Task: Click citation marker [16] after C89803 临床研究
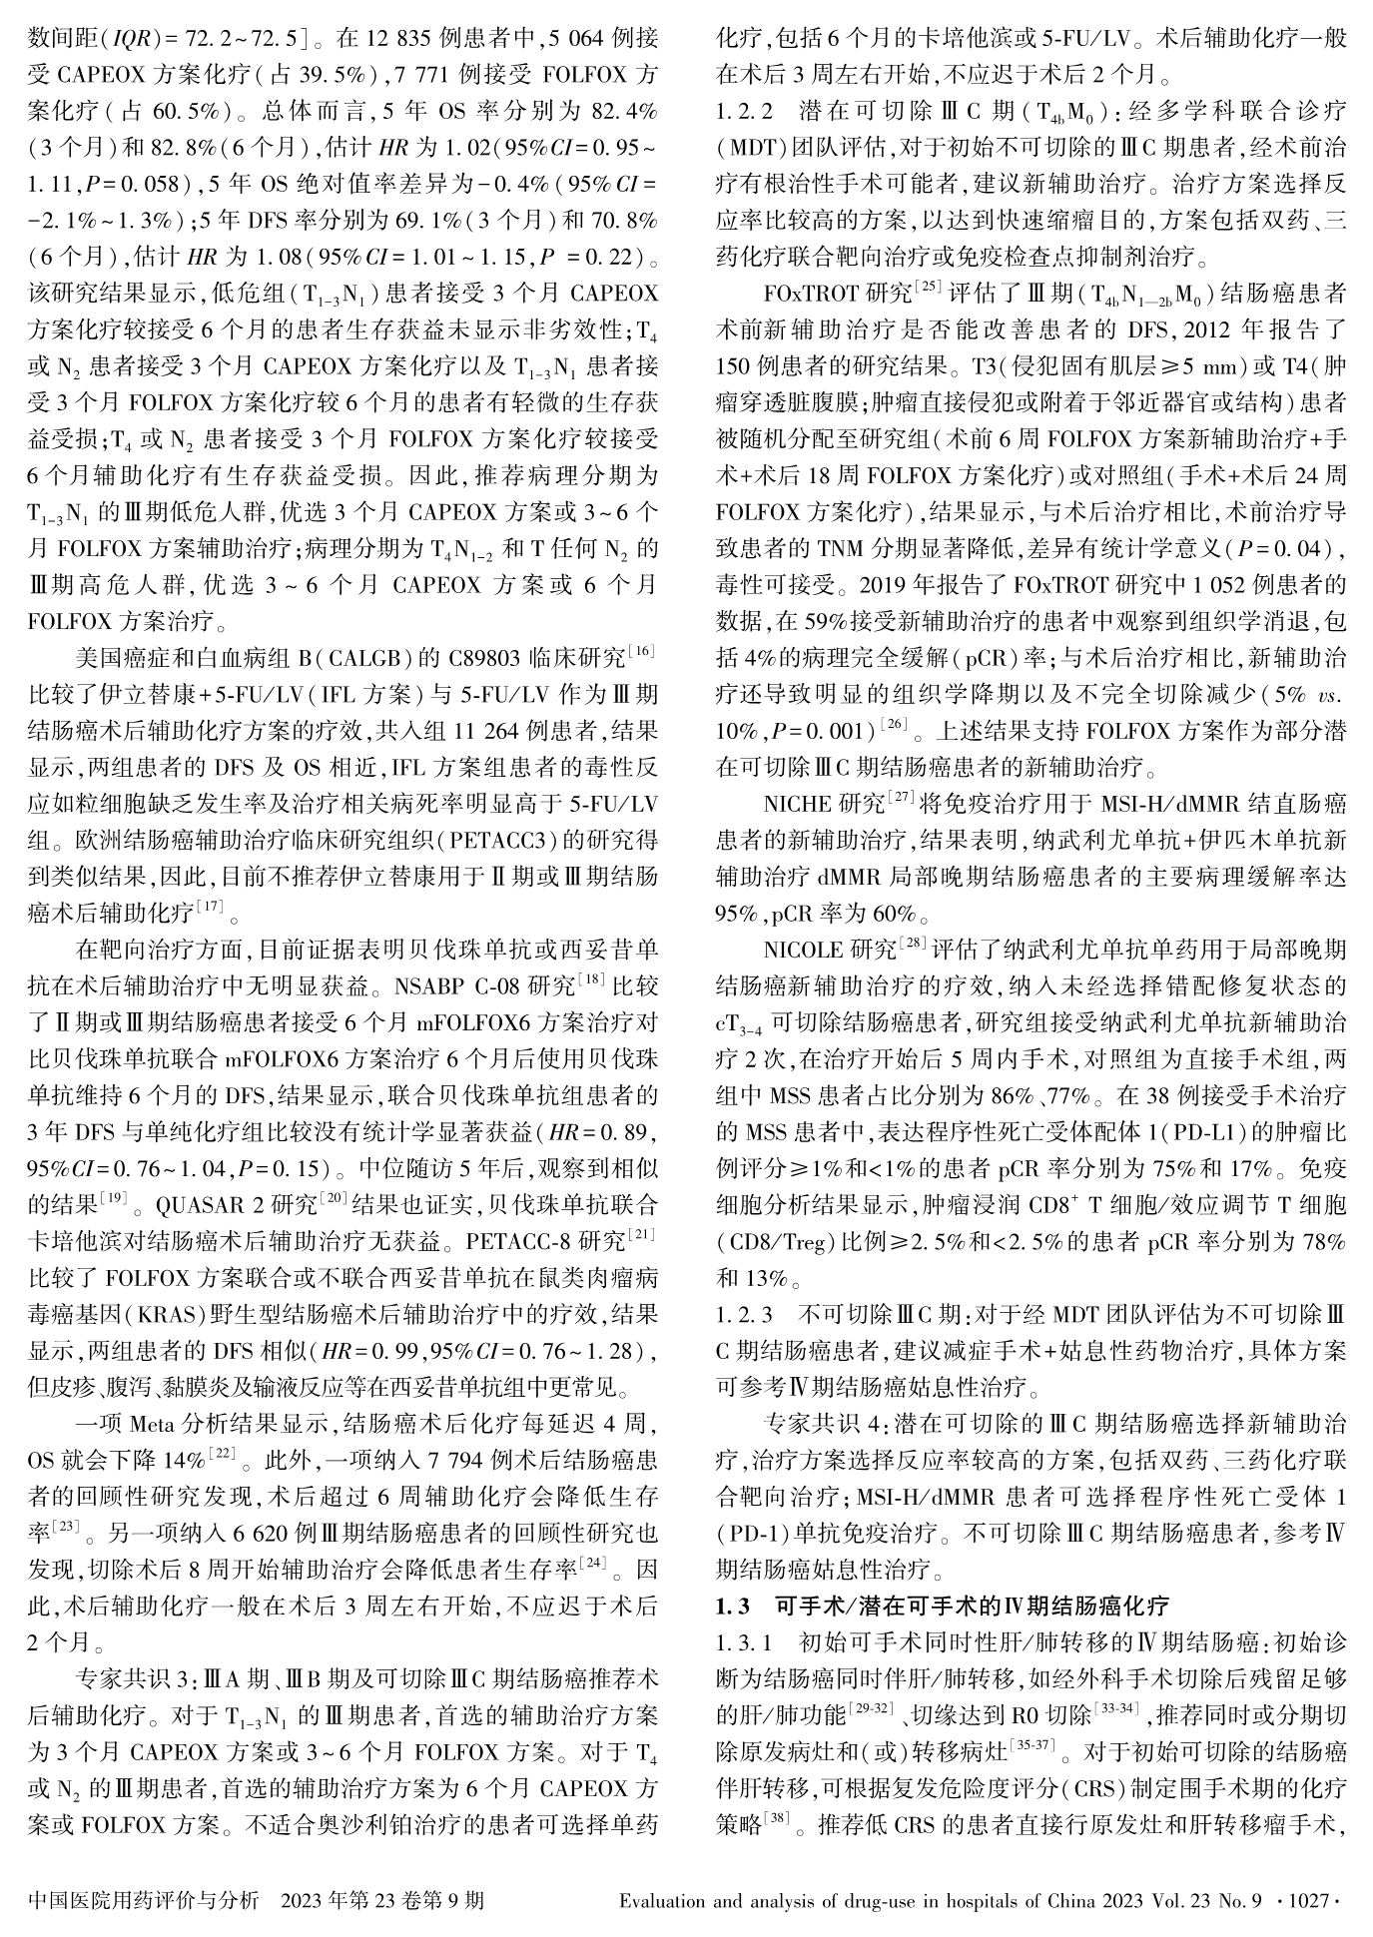641,656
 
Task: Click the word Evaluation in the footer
665,1900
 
